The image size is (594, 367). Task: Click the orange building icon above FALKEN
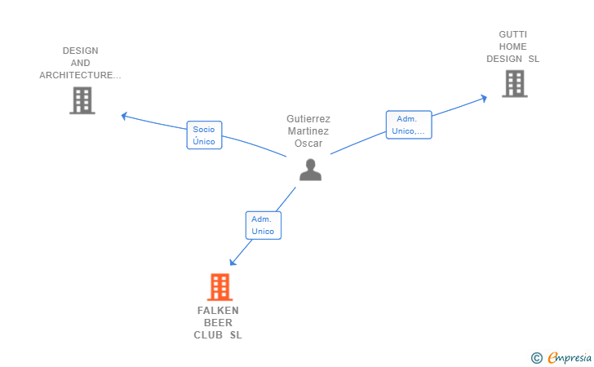pos(219,287)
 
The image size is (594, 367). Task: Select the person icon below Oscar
pos(309,169)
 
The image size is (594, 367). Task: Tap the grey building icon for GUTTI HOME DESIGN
pos(514,83)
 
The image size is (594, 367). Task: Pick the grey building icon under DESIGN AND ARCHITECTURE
pos(82,100)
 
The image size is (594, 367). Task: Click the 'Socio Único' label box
pos(204,135)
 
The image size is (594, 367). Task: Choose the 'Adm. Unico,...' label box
pos(408,125)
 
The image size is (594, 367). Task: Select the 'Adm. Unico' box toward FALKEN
pos(263,225)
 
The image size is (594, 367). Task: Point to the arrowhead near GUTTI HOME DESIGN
pos(484,98)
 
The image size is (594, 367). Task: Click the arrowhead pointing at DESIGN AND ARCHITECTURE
pos(125,116)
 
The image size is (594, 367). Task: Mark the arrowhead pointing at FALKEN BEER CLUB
pos(233,262)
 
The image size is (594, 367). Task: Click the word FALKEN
pos(218,310)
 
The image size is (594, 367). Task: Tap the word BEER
pos(218,322)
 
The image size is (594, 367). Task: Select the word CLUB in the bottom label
pos(208,334)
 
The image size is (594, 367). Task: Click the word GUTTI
pos(513,34)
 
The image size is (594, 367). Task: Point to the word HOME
pos(513,46)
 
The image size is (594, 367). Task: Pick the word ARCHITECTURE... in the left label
pos(80,75)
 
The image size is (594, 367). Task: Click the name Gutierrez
pos(308,118)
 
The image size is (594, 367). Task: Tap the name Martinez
pos(308,130)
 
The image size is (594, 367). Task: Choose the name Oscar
pos(308,143)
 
